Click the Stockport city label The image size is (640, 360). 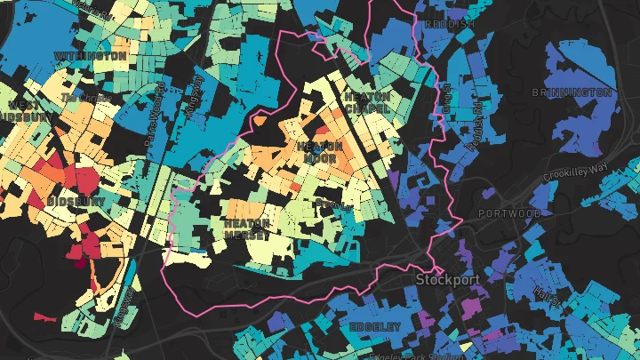447,279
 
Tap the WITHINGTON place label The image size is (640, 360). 90,55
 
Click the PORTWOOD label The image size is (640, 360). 508,213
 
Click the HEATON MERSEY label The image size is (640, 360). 246,229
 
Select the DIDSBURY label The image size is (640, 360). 78,202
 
